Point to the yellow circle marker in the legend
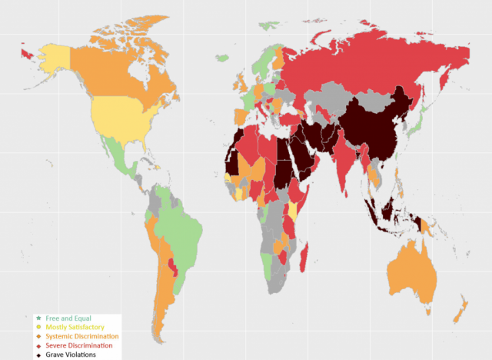pos(38,328)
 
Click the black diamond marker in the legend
pos(38,355)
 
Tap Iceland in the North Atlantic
pos(222,58)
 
